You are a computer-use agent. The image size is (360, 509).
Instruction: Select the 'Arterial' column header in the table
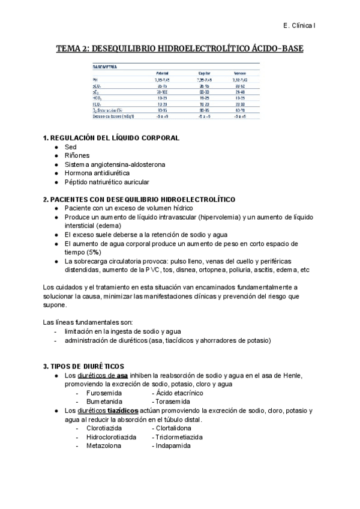pyautogui.click(x=162, y=73)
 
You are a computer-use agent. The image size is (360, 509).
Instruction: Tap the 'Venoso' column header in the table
pyautogui.click(x=240, y=73)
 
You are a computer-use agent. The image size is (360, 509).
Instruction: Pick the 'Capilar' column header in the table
pyautogui.click(x=203, y=73)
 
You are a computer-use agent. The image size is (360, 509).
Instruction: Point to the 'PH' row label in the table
pyautogui.click(x=94, y=79)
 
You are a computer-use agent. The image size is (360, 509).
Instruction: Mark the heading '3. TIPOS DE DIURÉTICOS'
pyautogui.click(x=83, y=366)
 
